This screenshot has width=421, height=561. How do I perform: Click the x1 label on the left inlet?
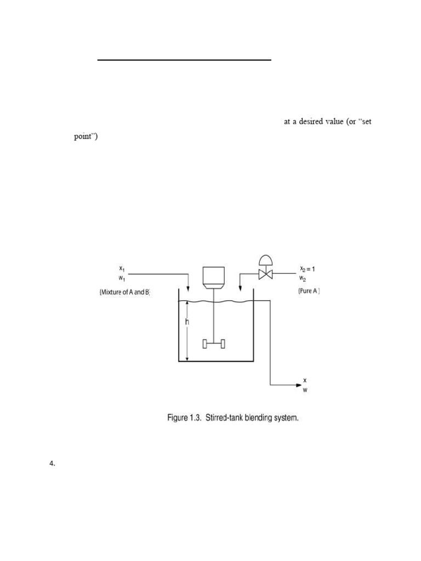[122, 268]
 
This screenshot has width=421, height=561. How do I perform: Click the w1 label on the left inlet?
[122, 278]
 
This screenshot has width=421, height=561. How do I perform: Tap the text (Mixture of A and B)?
[124, 292]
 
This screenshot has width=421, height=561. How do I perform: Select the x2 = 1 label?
[307, 268]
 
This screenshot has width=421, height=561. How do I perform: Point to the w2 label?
[303, 278]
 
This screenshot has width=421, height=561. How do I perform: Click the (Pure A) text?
[309, 291]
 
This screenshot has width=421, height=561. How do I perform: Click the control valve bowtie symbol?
[265, 274]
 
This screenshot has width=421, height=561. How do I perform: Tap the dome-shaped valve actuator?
[265, 259]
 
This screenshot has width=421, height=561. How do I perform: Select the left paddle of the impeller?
[205, 344]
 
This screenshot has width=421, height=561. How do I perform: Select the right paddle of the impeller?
[223, 344]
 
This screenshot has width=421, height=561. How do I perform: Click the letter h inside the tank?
[187, 322]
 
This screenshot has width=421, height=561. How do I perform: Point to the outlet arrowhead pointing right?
[299, 385]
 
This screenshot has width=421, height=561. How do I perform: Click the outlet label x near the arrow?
[305, 380]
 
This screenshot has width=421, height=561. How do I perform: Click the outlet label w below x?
[305, 390]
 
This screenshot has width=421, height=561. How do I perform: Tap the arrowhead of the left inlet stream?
[188, 289]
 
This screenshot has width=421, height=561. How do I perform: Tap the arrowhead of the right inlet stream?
[240, 289]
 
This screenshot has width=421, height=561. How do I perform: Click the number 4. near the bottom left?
[52, 463]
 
